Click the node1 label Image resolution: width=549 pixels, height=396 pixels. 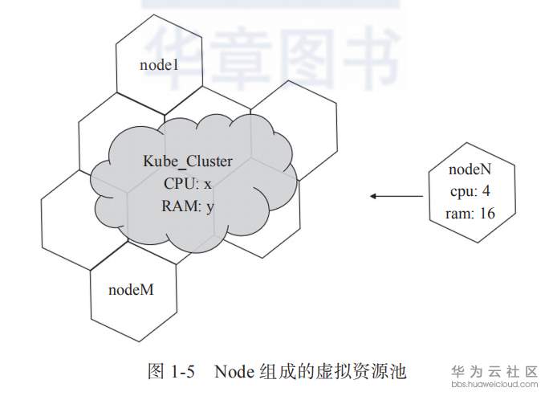tap(159, 65)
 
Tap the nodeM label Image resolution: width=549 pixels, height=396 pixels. tap(131, 289)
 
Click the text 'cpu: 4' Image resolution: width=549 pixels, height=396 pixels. tap(468, 193)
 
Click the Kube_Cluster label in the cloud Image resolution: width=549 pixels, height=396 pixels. tap(188, 161)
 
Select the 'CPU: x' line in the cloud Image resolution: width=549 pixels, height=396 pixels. tap(188, 183)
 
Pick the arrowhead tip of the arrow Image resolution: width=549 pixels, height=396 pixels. tap(372, 195)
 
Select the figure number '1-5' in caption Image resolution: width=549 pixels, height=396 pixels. tap(185, 371)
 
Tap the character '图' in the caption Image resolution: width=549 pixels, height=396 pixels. tap(157, 371)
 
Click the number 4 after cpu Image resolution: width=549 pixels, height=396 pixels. tap(486, 193)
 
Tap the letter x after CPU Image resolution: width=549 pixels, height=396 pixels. tap(208, 183)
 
